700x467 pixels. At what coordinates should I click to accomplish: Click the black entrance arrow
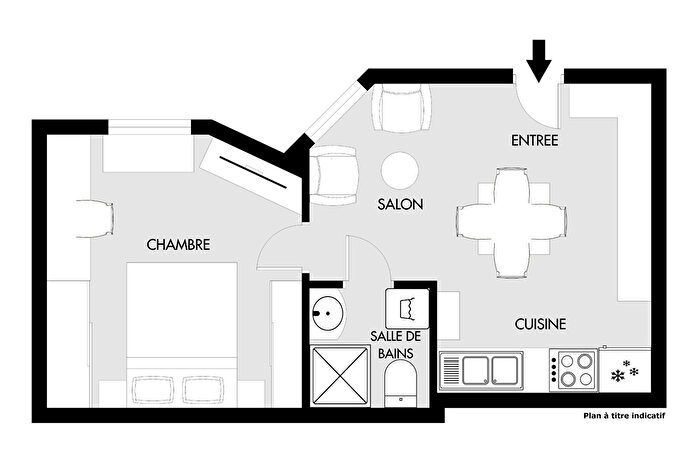[539, 58]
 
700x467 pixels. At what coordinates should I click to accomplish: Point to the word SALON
[400, 204]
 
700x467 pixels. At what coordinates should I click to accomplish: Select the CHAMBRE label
[178, 244]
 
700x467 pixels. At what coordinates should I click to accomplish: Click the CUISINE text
[540, 324]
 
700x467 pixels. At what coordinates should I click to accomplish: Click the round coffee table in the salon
[401, 170]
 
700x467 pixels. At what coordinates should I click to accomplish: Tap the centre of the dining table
[511, 220]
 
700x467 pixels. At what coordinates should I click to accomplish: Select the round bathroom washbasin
[327, 315]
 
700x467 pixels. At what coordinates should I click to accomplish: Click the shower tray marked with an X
[341, 375]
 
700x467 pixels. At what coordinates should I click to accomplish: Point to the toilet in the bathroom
[401, 383]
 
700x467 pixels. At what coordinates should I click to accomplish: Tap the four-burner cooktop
[573, 369]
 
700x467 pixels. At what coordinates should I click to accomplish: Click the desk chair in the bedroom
[93, 218]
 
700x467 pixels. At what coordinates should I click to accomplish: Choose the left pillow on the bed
[153, 388]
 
